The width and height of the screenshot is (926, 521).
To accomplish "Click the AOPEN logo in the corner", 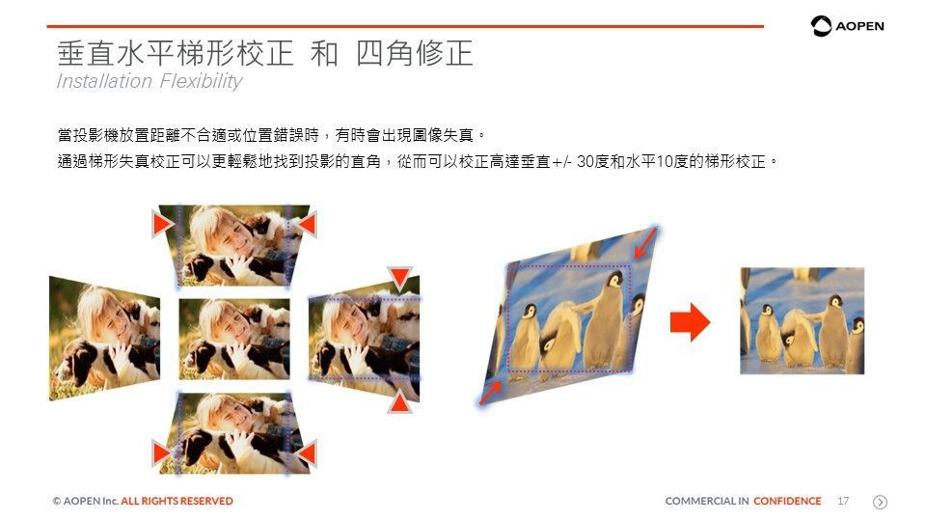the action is coord(847,26).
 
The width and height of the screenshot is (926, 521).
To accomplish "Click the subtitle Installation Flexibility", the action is coord(150,81).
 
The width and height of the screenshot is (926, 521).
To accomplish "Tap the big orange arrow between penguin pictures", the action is coord(690,322).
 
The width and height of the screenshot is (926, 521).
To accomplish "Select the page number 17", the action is coord(843,501).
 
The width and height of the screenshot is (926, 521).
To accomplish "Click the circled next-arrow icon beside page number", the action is coord(880,502).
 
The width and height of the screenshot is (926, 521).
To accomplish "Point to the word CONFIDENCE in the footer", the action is coord(787,501).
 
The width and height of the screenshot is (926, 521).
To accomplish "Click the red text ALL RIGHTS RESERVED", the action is coord(177,501).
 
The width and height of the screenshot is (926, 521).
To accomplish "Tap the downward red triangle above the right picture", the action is coord(399,277).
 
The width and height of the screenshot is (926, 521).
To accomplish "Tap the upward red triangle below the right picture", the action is coord(399,401).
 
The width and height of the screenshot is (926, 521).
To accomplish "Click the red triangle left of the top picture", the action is coord(162,225).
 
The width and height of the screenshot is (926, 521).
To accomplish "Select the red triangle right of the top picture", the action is coord(307,225).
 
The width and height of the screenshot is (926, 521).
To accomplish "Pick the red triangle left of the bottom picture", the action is coord(162,453).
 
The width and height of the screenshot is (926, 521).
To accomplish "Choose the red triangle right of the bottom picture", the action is coord(307,453).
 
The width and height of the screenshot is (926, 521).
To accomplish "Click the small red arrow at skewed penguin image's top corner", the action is coord(645,242).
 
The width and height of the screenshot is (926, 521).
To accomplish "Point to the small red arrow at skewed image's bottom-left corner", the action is coord(491,394).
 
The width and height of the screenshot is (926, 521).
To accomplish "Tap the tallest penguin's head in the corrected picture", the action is coord(835,301).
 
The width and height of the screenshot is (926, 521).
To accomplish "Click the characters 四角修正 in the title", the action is coord(415,54).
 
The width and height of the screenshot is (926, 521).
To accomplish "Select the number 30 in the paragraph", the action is coord(586,161).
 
